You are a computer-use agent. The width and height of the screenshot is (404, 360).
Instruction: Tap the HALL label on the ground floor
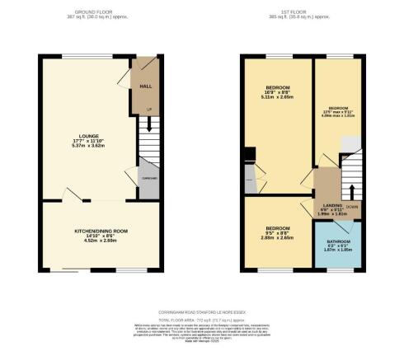145,85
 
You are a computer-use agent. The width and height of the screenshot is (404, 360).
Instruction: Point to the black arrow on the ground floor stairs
148,124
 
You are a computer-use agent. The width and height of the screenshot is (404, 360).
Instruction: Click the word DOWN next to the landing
352,207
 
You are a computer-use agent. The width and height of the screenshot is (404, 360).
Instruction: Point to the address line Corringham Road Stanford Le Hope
202,312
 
